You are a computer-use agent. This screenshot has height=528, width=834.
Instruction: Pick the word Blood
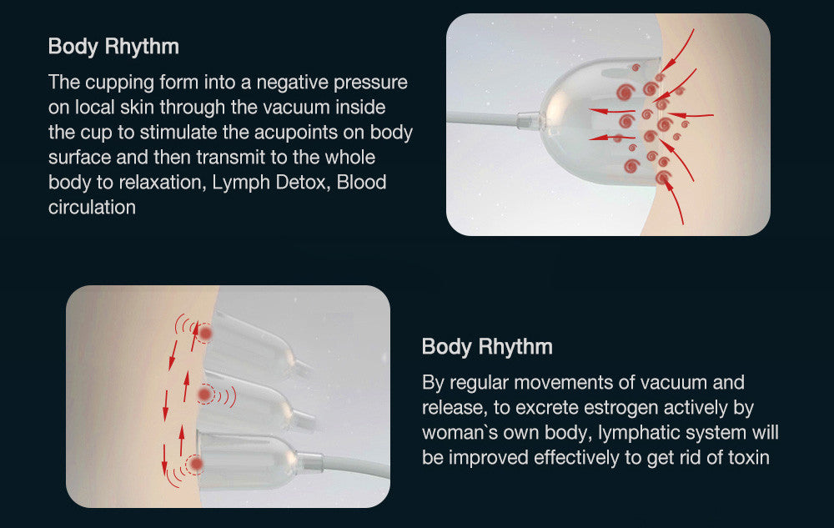(362, 183)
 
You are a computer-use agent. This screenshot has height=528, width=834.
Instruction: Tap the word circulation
(92, 208)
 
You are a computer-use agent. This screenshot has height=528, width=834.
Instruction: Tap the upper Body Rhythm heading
(113, 47)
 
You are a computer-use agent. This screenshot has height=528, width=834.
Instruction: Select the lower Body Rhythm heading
(487, 347)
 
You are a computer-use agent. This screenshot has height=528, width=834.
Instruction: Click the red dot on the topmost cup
(205, 334)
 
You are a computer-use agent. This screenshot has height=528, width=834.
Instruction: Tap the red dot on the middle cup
(204, 395)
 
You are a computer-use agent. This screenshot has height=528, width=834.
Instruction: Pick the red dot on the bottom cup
(196, 464)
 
